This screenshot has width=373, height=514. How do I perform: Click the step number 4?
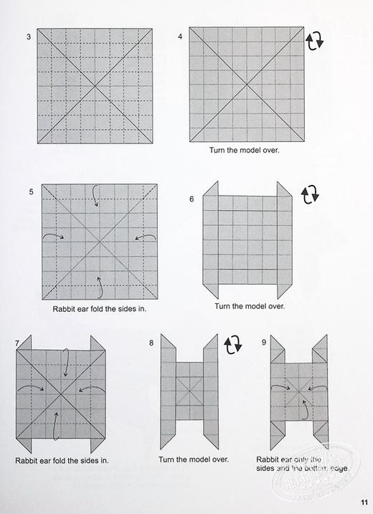tap(180, 36)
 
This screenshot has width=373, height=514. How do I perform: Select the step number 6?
tap(192, 199)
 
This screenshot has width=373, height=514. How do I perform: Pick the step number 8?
tap(151, 343)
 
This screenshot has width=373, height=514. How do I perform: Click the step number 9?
tap(264, 343)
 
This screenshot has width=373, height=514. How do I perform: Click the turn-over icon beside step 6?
tap(311, 194)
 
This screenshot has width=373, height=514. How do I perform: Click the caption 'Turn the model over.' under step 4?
tap(245, 151)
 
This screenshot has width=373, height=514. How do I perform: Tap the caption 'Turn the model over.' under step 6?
tap(249, 306)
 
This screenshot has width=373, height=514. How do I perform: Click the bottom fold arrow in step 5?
tap(98, 286)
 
